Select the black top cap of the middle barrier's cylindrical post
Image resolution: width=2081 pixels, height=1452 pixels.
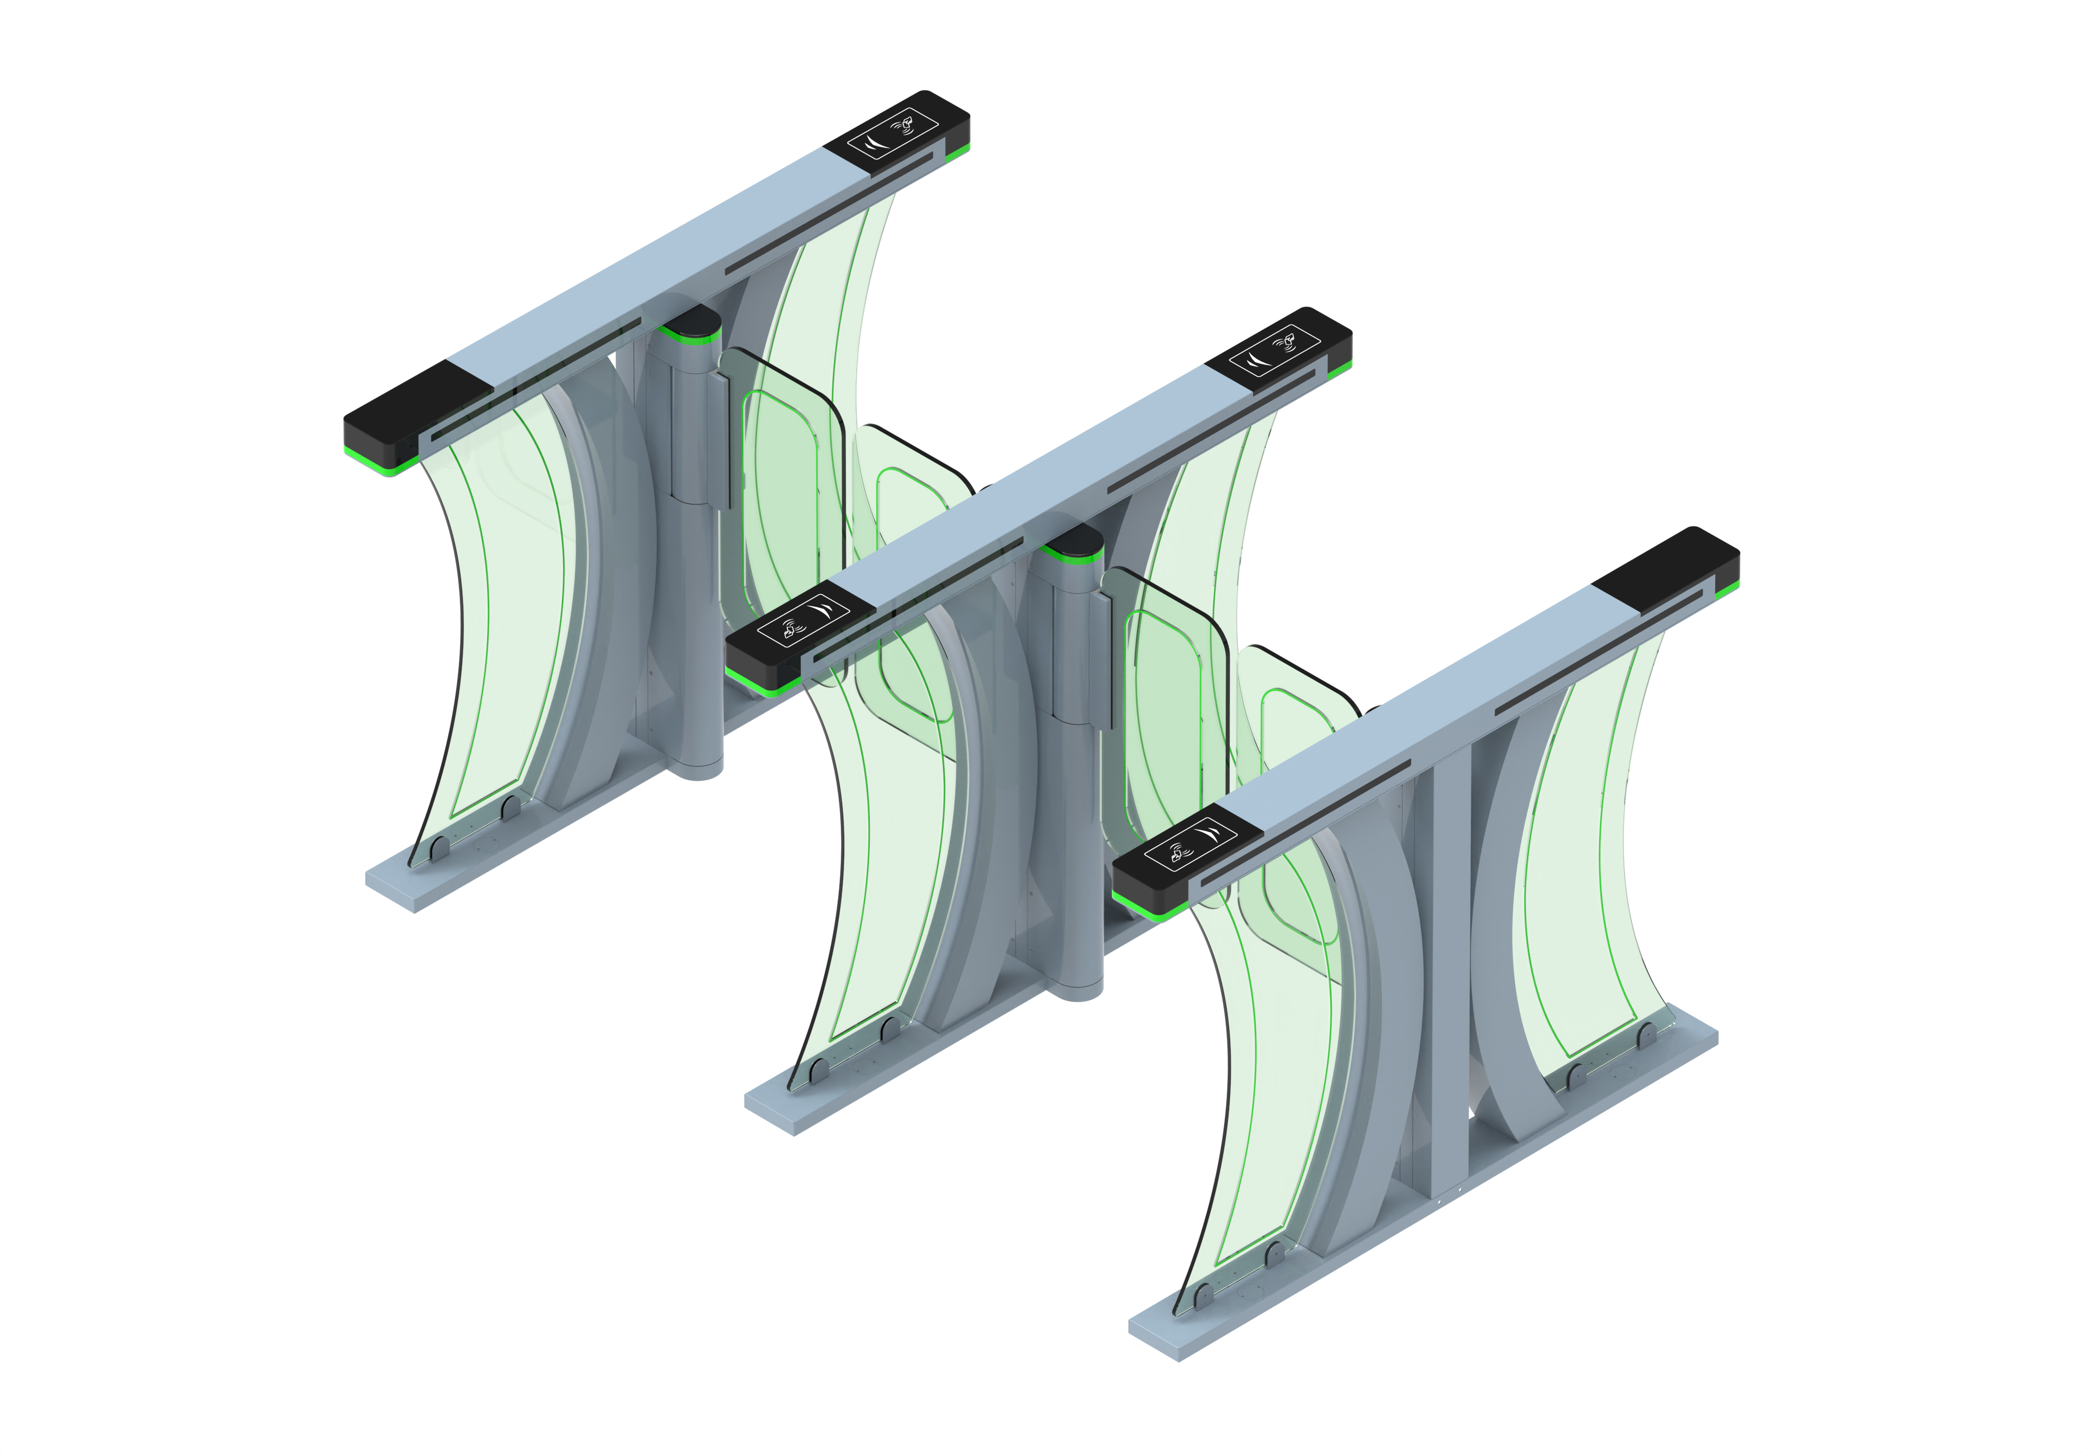(1072, 540)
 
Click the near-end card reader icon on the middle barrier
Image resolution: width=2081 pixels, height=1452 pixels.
(802, 619)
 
